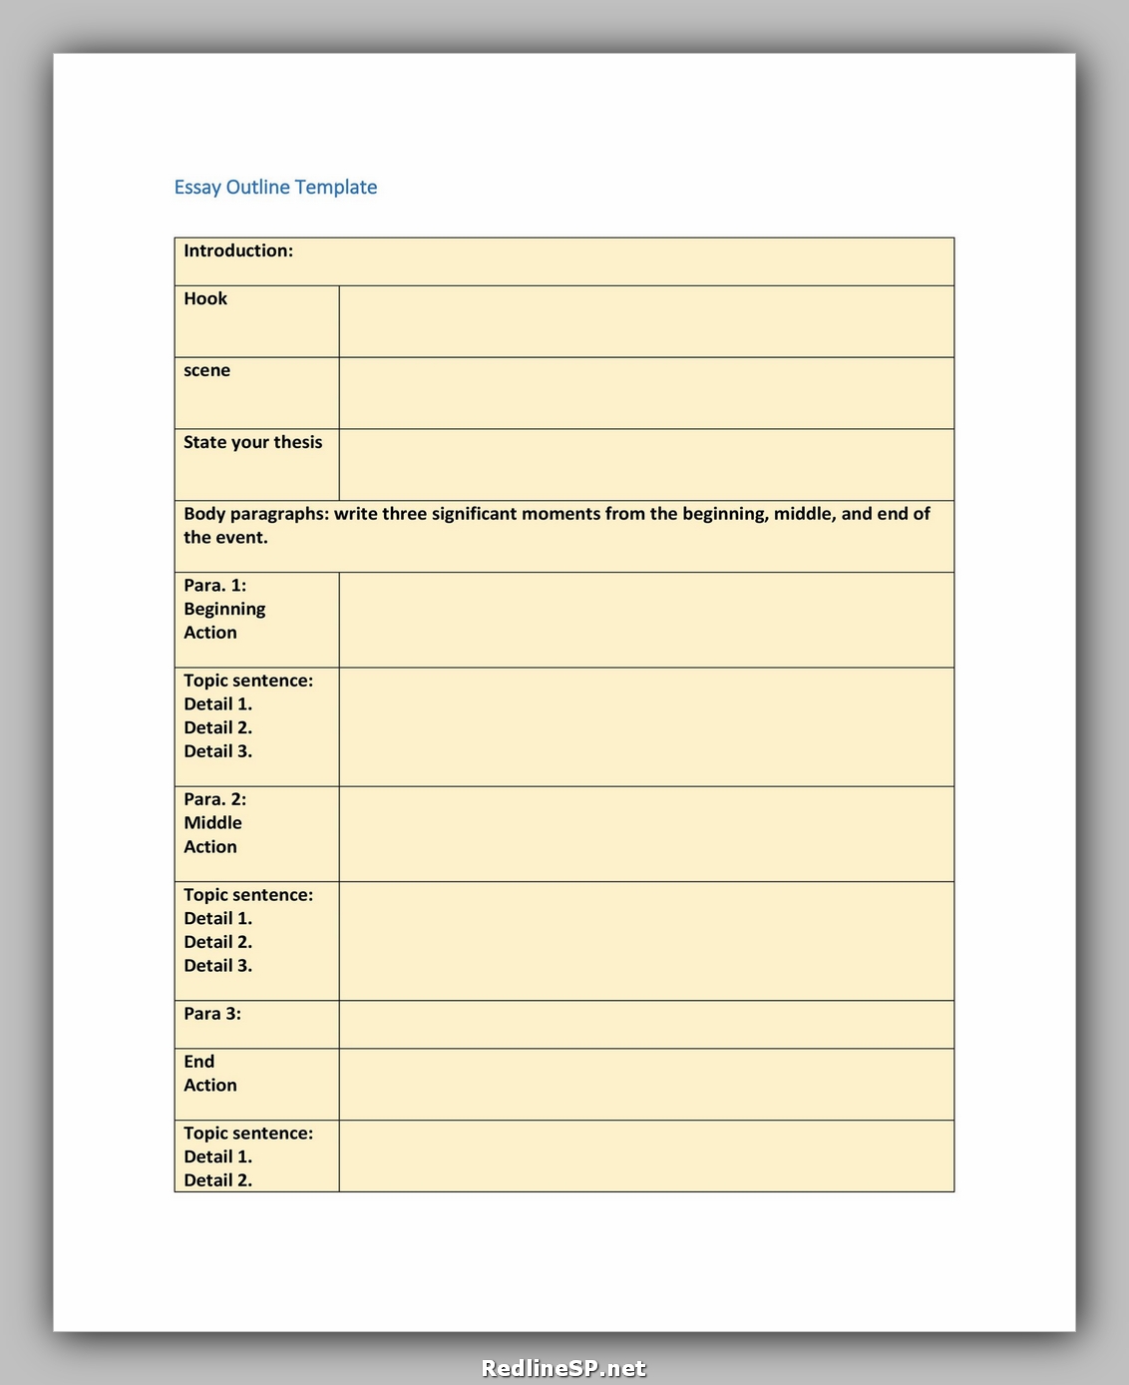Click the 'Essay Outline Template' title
pos(275,188)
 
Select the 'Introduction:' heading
pos(238,251)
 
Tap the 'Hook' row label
pos(205,299)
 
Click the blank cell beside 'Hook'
pos(646,321)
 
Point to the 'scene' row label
pos(206,371)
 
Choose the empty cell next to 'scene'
pos(646,393)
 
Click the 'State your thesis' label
pos(252,442)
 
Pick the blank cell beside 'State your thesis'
pos(646,465)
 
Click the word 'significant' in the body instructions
pos(474,514)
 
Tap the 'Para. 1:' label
pos(214,586)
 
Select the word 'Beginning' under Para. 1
pos(224,609)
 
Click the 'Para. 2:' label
pos(214,799)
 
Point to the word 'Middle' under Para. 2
pos(212,823)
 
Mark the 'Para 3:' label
pos(212,1014)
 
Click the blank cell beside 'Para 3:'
pos(646,1025)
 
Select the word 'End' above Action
pos(198,1062)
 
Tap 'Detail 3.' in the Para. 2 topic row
pos(217,966)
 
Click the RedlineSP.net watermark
pos(564,1368)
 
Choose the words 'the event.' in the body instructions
pos(225,538)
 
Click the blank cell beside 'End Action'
pos(646,1085)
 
